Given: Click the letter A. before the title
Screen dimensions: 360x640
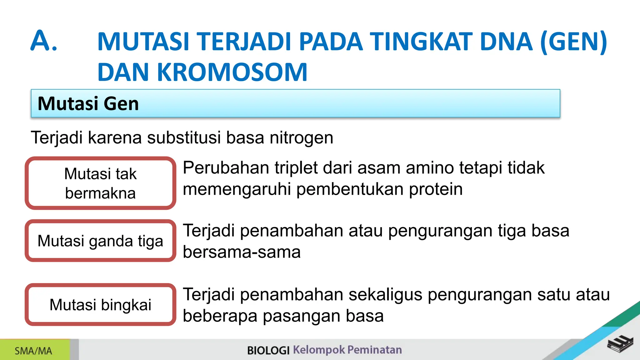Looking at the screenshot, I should click(x=44, y=41).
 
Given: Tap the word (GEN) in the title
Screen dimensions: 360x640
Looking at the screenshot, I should click(x=573, y=42).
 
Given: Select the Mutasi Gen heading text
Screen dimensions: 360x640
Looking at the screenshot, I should click(x=88, y=104).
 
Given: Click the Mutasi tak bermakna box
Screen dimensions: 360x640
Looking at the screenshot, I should click(x=100, y=183).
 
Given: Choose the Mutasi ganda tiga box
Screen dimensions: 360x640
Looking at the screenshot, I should click(x=100, y=241).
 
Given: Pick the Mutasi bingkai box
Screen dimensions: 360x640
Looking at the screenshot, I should click(x=100, y=305).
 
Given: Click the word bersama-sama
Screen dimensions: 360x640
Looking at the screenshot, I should click(x=242, y=252).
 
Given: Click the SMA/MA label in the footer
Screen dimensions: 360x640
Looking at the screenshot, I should click(x=33, y=351).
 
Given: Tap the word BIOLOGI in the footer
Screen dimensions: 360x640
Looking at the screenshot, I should click(x=268, y=350).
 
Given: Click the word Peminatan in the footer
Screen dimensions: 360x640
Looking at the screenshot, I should click(x=374, y=350).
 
